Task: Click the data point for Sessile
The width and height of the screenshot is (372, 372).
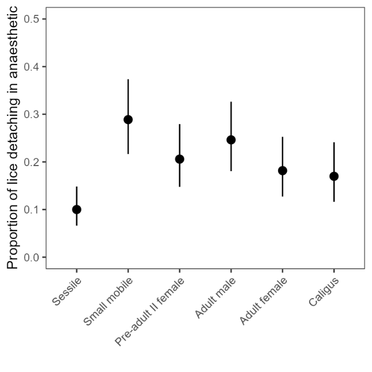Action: [77, 209]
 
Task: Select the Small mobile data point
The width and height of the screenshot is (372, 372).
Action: [128, 120]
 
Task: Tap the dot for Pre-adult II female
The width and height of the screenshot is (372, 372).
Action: [179, 159]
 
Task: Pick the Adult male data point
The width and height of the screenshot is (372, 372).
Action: [231, 140]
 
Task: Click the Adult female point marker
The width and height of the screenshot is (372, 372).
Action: [283, 171]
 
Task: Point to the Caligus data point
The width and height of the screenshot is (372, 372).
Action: [334, 176]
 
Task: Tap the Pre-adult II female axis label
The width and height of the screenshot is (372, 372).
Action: [150, 312]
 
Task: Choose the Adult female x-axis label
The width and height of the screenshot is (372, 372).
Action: [264, 301]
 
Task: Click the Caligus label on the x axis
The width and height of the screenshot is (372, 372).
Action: [323, 291]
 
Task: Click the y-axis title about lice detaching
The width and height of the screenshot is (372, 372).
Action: [12, 138]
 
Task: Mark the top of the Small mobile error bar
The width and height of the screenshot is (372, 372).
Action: [128, 79]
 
